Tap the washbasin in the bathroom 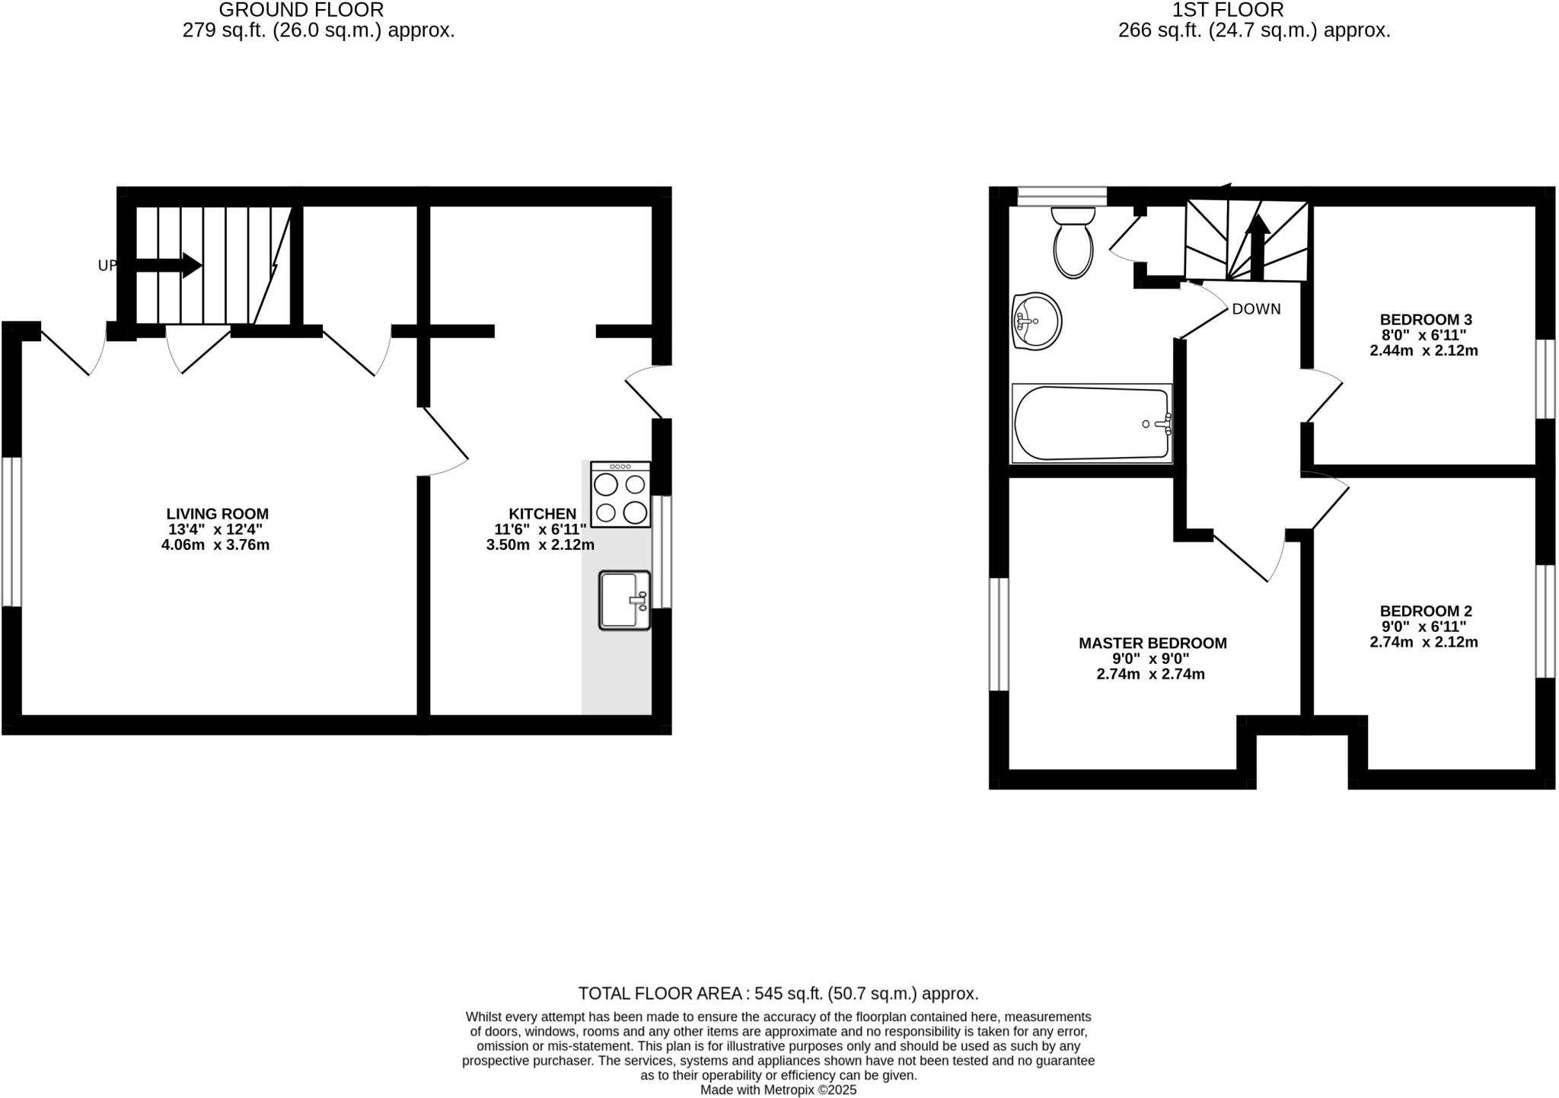point(1037,321)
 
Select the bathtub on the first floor point(1092,423)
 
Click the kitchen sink point(624,600)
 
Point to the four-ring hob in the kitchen point(620,495)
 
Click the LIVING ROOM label point(218,514)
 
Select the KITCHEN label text point(542,514)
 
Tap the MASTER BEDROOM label point(1153,643)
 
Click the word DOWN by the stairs point(1256,309)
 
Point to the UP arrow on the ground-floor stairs point(169,265)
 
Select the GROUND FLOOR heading point(301,10)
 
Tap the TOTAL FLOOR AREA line point(778,994)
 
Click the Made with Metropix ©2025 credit point(778,1090)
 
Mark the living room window point(11,531)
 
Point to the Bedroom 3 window point(1545,378)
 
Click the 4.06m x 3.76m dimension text point(215,545)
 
